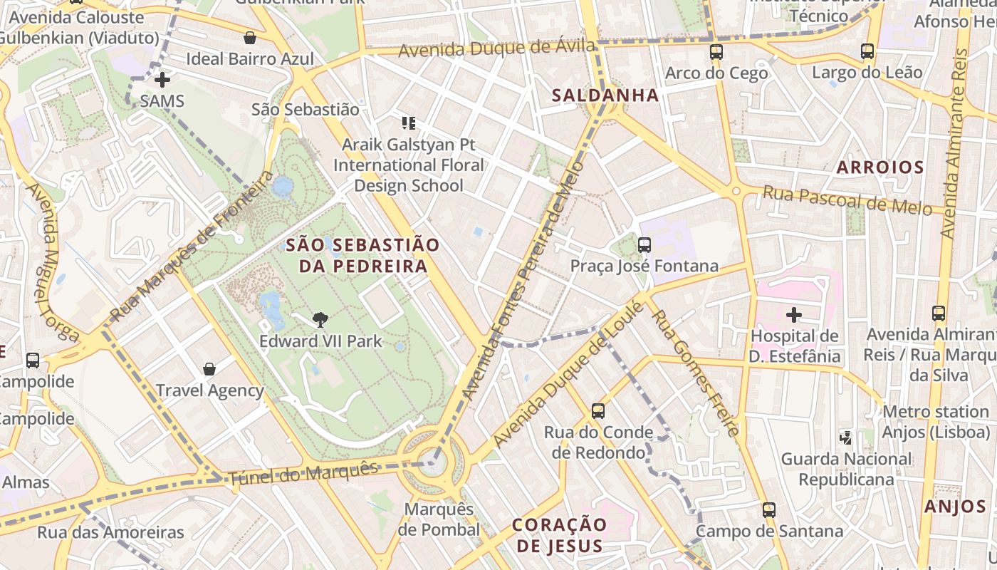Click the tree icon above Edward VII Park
click(x=320, y=320)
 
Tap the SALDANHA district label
click(x=605, y=95)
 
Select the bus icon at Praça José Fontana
click(x=644, y=245)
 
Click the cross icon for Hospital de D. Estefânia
click(x=794, y=314)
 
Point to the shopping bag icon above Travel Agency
click(x=209, y=368)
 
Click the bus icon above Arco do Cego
click(x=716, y=52)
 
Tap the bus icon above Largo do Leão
click(x=867, y=51)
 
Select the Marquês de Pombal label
click(x=439, y=519)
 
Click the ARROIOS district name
click(x=880, y=167)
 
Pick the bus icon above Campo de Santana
click(x=769, y=510)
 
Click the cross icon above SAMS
click(x=162, y=80)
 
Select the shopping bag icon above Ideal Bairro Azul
click(x=250, y=38)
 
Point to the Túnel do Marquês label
click(x=303, y=474)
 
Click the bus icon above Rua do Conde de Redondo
click(x=598, y=411)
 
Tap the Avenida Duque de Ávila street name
click(x=496, y=49)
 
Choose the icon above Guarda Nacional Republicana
click(x=846, y=437)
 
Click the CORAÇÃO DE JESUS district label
click(x=560, y=535)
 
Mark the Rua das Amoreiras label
click(x=110, y=532)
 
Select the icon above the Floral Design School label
click(x=409, y=123)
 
